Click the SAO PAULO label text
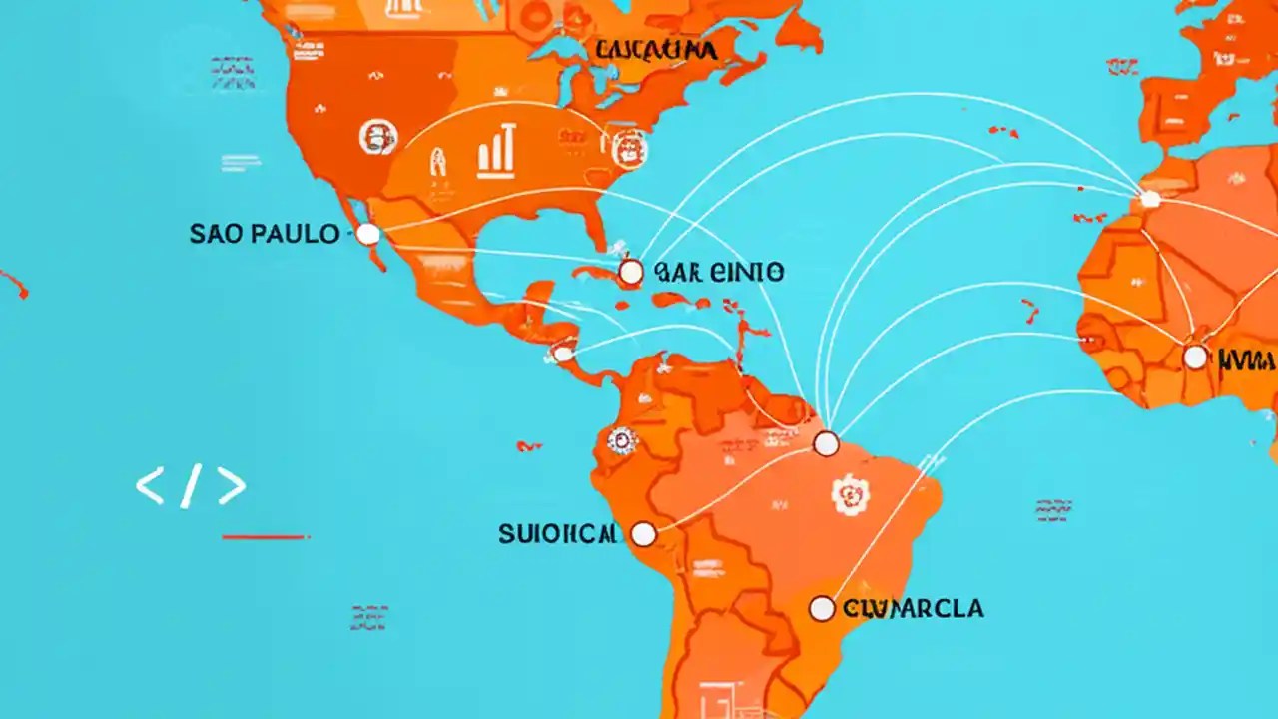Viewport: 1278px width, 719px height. (265, 235)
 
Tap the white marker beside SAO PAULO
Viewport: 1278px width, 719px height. (368, 235)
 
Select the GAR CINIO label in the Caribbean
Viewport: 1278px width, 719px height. (717, 272)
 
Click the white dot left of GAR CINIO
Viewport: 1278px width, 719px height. (630, 272)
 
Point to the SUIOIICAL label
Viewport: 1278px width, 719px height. (559, 534)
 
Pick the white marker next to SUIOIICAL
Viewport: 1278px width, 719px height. (644, 535)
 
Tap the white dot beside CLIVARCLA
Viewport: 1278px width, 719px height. (821, 608)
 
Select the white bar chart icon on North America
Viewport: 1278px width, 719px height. (496, 150)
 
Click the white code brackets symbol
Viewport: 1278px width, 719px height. (191, 486)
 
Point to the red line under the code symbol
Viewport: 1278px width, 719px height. (265, 537)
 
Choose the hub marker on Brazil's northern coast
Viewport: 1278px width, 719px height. (826, 444)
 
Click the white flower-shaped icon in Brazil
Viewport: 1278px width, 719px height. (851, 495)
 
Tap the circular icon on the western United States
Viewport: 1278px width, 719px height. (377, 138)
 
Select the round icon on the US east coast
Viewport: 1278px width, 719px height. (629, 150)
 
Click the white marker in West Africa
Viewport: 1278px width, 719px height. (1195, 357)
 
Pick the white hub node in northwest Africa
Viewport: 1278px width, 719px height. (1150, 199)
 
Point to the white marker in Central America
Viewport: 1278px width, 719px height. (563, 354)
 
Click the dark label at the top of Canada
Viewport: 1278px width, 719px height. (654, 50)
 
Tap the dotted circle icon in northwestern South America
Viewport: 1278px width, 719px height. (622, 440)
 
